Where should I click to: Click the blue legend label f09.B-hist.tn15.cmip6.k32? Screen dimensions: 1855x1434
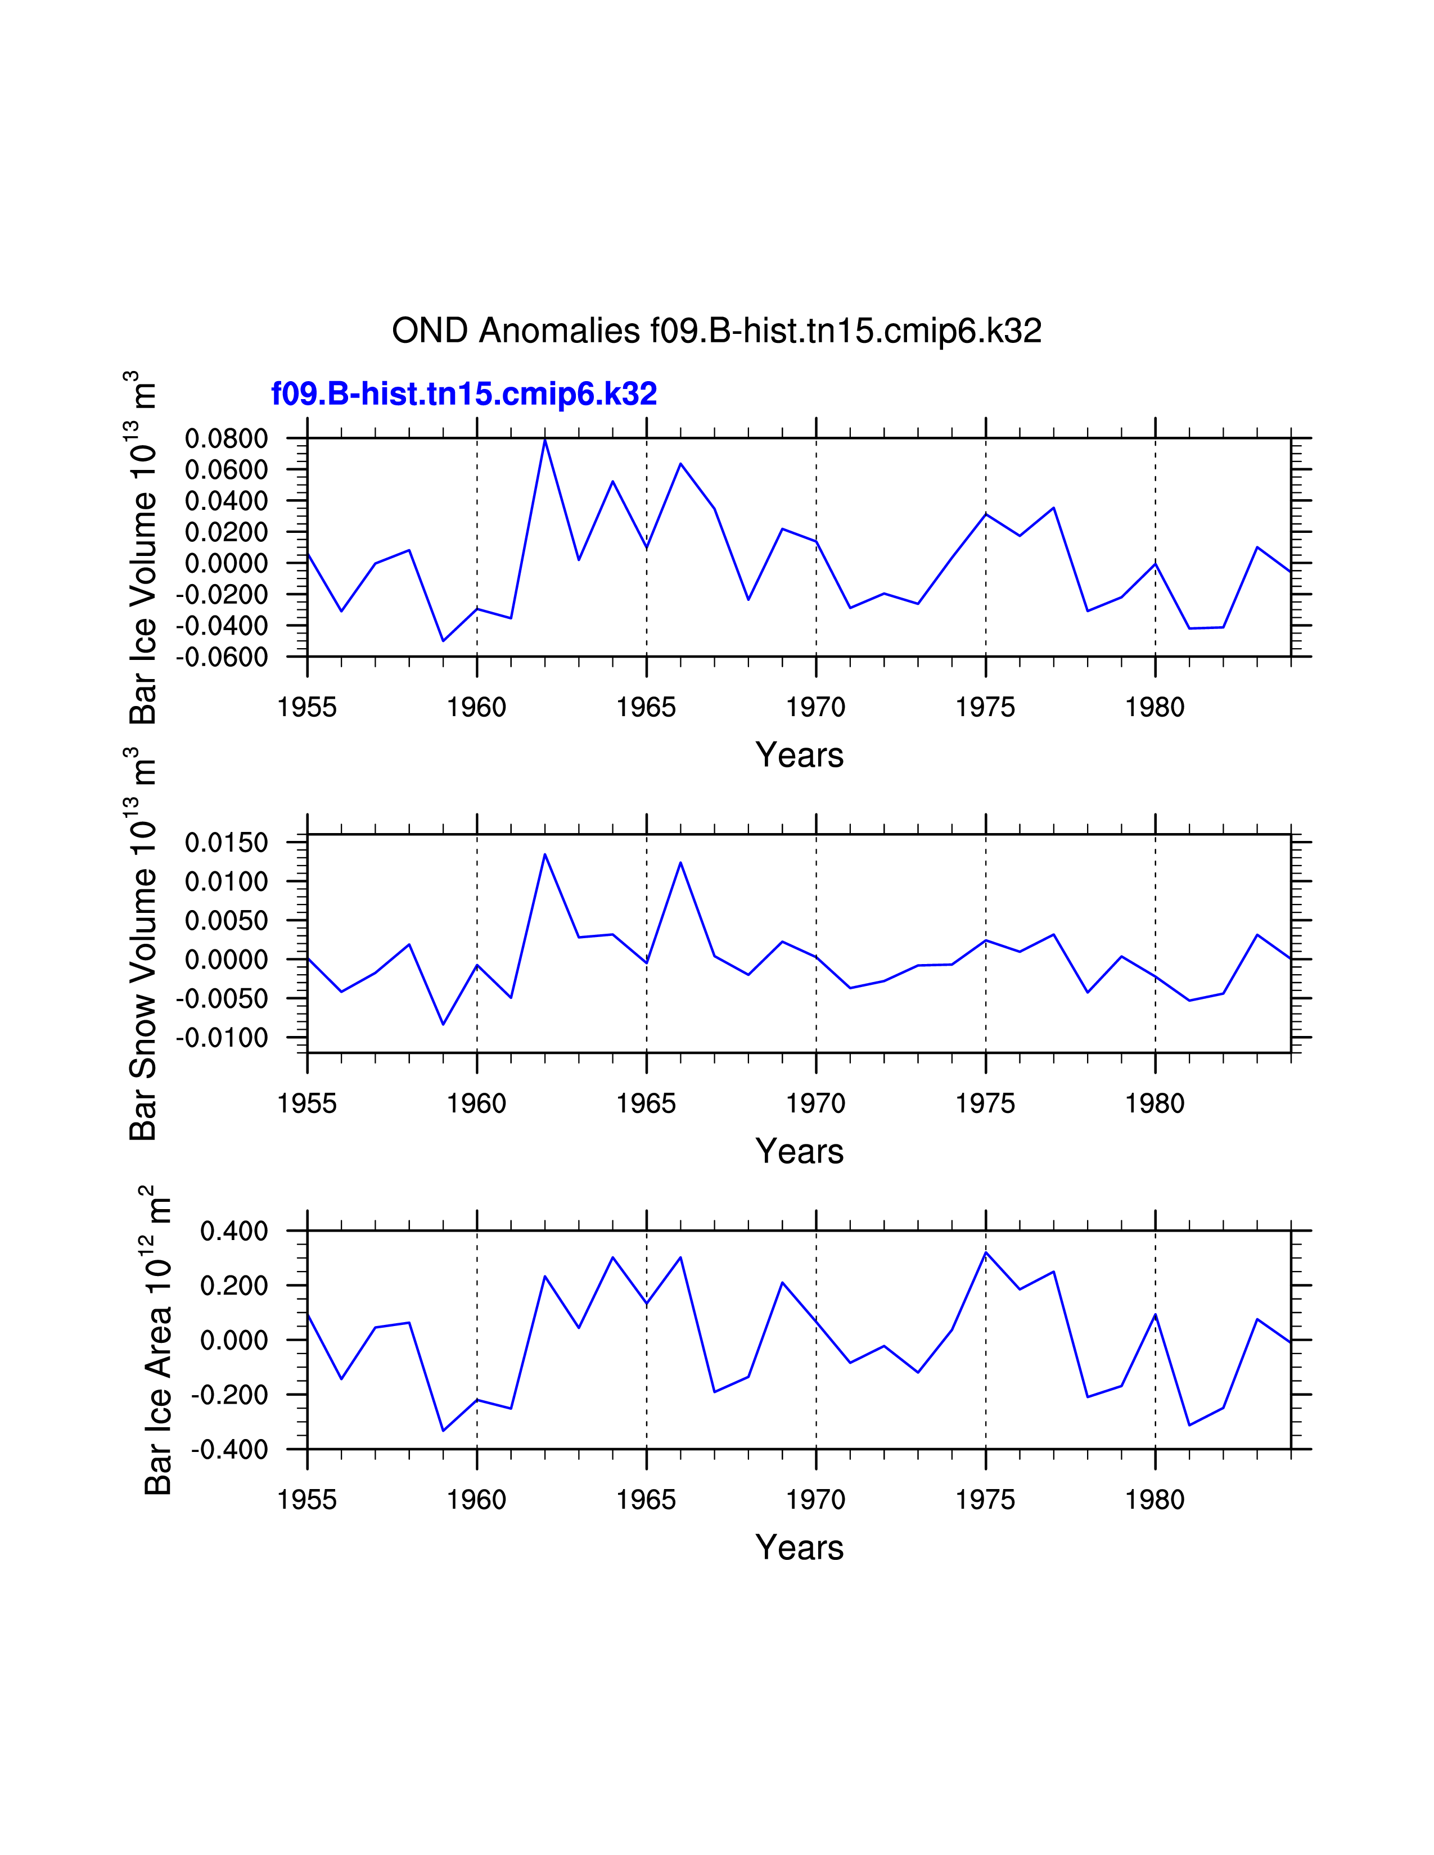[x=464, y=394]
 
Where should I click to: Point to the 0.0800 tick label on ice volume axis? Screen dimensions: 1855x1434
[x=226, y=439]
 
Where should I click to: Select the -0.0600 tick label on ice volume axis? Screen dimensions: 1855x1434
[x=222, y=658]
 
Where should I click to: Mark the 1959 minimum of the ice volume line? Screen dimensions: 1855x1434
[x=443, y=640]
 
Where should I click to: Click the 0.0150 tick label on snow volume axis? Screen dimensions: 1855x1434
[x=226, y=843]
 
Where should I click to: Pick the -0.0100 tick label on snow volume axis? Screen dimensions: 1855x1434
[x=222, y=1038]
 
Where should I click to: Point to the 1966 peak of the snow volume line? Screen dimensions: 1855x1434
[x=680, y=863]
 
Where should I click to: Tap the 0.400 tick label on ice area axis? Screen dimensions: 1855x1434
[x=233, y=1230]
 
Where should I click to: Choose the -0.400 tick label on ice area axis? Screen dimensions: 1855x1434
[x=229, y=1450]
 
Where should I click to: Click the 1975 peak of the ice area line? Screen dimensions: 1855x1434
[x=985, y=1252]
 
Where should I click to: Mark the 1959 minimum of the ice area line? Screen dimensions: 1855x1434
[x=443, y=1431]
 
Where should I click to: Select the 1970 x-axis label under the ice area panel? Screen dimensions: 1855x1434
[x=815, y=1500]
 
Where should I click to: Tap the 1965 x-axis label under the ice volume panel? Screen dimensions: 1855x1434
[x=646, y=708]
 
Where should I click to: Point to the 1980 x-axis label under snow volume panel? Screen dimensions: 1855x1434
[x=1155, y=1103]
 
